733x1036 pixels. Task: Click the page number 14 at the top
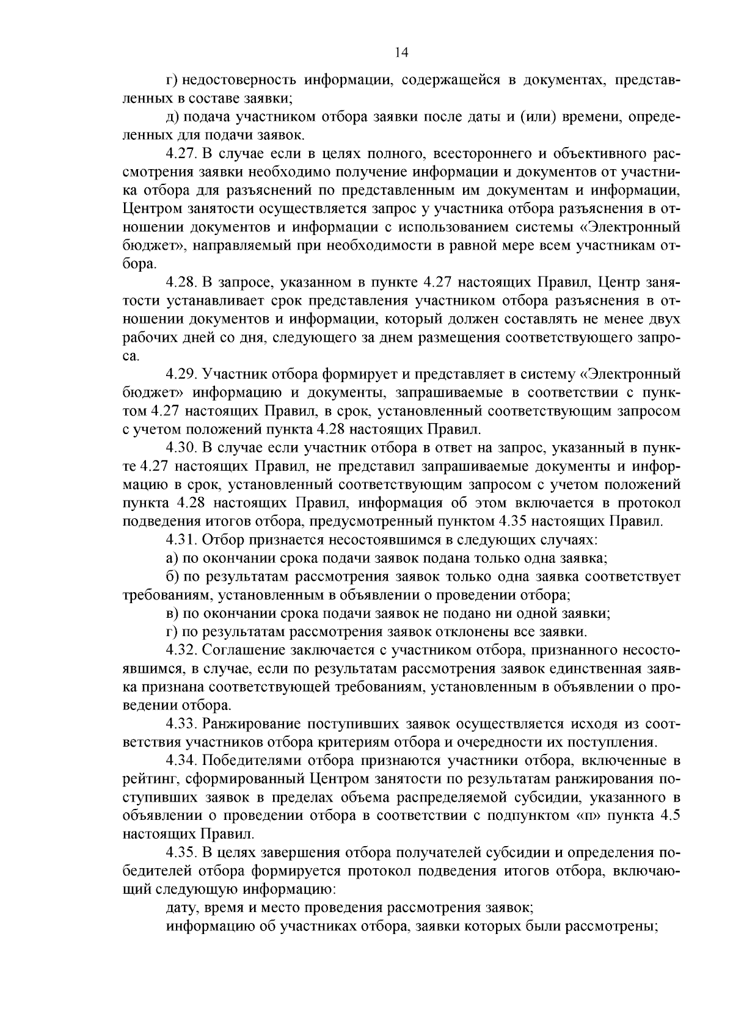[401, 53]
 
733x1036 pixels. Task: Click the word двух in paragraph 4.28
[666, 319]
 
